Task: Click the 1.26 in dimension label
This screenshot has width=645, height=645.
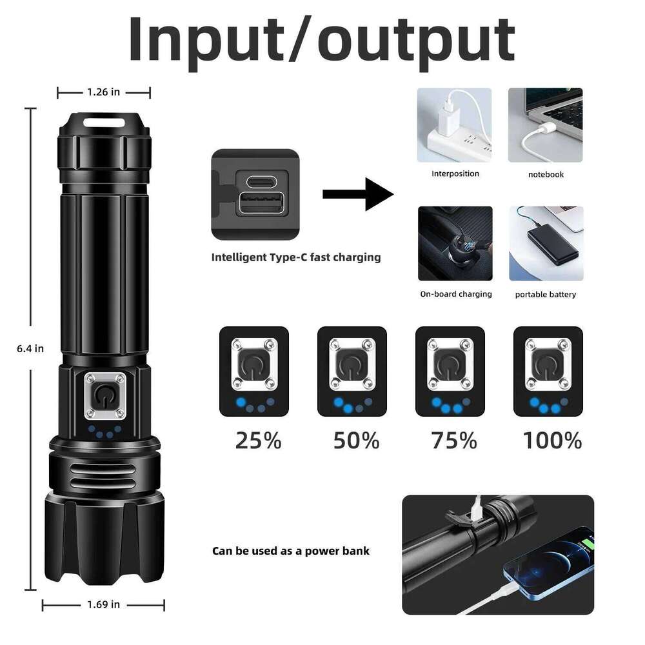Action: (104, 92)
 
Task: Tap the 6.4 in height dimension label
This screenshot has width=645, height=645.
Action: (30, 348)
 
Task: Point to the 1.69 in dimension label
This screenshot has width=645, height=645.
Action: (104, 604)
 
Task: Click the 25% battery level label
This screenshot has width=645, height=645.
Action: (258, 441)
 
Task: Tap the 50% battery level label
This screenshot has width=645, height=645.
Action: (356, 441)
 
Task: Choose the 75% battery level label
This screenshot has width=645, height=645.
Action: (454, 441)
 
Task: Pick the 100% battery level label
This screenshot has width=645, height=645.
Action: (552, 441)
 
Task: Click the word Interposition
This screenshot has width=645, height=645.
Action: (455, 174)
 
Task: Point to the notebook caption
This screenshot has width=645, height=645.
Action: (546, 174)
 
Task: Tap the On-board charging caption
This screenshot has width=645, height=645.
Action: (456, 294)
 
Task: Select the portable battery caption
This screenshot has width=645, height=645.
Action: (546, 295)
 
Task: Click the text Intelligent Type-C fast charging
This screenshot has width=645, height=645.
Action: (296, 257)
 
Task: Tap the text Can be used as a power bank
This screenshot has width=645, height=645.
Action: (291, 551)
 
